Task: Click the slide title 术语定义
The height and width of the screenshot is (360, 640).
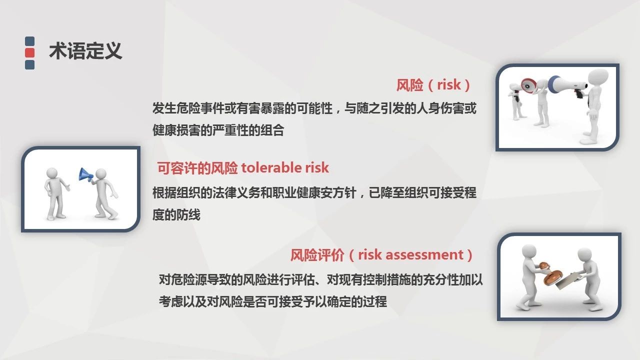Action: point(85,51)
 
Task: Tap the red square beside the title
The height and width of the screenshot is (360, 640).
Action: point(29,53)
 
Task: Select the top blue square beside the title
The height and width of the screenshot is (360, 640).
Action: point(29,41)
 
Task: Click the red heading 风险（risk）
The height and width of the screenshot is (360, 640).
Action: point(433,85)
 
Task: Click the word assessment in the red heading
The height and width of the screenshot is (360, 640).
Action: point(424,254)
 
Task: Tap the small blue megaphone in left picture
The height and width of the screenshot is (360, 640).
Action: point(85,175)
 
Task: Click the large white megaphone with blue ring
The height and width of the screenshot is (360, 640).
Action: point(567,84)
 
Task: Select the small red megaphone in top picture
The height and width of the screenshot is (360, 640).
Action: point(528,85)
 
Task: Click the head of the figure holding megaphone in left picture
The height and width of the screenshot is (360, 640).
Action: point(101,173)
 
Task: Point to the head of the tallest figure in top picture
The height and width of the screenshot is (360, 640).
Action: point(599,77)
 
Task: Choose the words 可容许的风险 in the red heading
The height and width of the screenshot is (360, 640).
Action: point(197,167)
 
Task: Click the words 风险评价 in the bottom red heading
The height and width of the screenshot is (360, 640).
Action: point(317,255)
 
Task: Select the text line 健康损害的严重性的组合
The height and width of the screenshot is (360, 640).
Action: point(218,130)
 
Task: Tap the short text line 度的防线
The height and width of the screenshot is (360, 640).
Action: point(176,214)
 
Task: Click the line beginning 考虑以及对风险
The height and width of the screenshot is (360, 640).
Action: point(273,301)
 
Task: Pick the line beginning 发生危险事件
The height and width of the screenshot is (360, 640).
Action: point(314,108)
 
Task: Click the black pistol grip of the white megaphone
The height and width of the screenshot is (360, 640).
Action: point(579,93)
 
